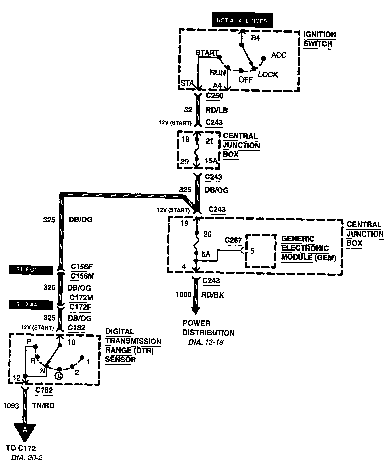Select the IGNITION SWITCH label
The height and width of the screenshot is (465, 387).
pos(319,39)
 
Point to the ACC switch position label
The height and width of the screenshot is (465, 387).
pos(279,55)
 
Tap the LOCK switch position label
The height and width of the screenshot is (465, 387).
pos(268,74)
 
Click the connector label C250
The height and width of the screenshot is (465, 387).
pos(214,96)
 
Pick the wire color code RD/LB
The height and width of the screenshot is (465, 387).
pos(217,110)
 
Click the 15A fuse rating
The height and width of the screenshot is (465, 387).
pos(211,161)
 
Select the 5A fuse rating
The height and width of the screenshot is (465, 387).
pos(206,254)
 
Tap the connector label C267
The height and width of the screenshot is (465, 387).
pos(233,240)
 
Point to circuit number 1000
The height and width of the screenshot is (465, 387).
pos(183,295)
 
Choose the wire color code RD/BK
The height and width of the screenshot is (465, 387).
pos(213,295)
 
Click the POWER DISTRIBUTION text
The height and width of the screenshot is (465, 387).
pos(208,328)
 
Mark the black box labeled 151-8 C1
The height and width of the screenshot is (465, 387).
pos(31,270)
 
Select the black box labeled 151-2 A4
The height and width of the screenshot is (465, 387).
pos(31,305)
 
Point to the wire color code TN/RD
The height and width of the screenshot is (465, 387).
pos(43,406)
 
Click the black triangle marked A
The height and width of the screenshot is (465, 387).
pos(25,431)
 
